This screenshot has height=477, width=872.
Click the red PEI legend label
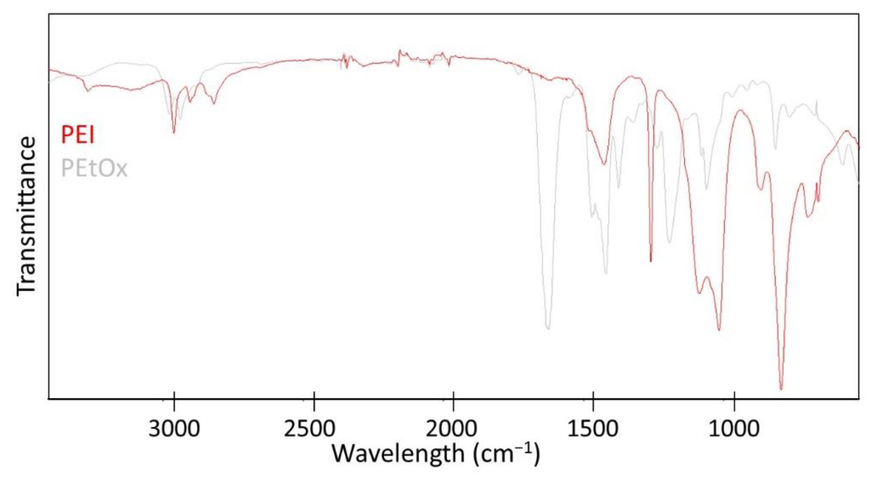(78, 135)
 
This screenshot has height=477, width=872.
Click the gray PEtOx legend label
(94, 168)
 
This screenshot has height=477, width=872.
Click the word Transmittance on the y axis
(27, 216)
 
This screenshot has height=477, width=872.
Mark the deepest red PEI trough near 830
(781, 389)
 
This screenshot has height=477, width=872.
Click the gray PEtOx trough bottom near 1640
(548, 328)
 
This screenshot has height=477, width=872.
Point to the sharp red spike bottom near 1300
(651, 261)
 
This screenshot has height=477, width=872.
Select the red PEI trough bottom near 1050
(719, 329)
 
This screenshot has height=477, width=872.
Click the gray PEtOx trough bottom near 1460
(606, 273)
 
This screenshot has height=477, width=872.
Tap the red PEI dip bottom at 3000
(174, 133)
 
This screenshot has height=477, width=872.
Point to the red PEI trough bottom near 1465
(603, 165)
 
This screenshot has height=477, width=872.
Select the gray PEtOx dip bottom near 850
(776, 148)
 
